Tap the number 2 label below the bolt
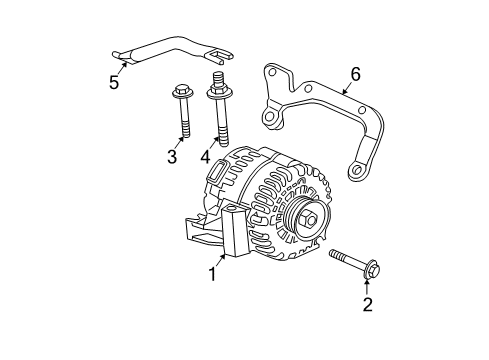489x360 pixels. (x=367, y=304)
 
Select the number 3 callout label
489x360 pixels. (x=172, y=157)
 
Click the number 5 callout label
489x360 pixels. (x=114, y=82)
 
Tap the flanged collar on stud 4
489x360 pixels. (x=216, y=96)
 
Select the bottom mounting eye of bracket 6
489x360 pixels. (x=354, y=172)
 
